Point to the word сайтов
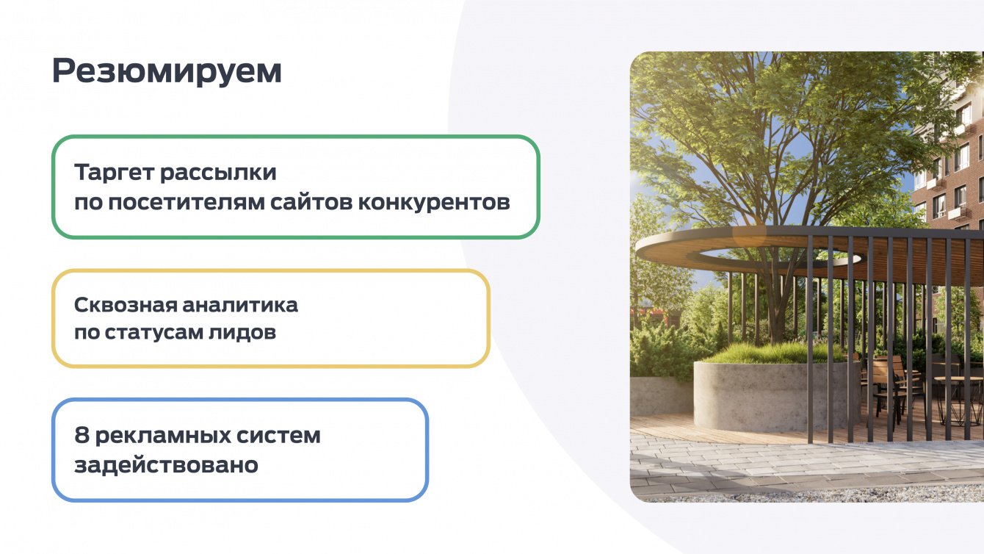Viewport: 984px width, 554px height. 311,203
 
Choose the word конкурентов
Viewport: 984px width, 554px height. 434,203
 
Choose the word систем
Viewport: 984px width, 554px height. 278,436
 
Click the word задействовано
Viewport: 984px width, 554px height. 166,464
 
